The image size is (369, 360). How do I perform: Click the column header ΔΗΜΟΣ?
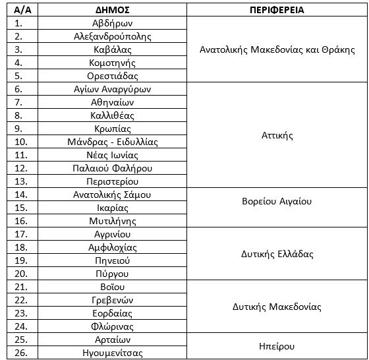[x=112, y=10]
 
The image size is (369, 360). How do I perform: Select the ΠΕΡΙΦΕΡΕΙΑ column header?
[x=276, y=10]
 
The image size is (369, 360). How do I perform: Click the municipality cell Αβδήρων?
[x=112, y=23]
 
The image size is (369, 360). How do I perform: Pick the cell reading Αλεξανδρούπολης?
[x=112, y=36]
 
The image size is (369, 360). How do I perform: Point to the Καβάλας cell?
[x=112, y=49]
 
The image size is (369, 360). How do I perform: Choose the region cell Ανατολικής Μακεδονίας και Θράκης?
[x=276, y=49]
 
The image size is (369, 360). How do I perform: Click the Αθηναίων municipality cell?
[x=112, y=102]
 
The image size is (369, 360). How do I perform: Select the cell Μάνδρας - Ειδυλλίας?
[x=112, y=142]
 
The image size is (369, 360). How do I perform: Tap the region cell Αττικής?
[x=276, y=135]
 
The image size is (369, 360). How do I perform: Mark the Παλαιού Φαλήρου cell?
[x=112, y=168]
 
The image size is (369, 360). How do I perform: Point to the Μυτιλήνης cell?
[x=112, y=221]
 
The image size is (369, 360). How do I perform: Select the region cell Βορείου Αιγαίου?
[x=276, y=201]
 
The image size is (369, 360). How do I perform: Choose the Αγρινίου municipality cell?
[x=112, y=234]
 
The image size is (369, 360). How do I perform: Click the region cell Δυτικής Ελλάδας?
[x=276, y=254]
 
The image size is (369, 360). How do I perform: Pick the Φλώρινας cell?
[x=112, y=326]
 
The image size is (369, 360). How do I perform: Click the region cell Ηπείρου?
[x=276, y=346]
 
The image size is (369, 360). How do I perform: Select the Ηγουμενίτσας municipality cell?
[x=112, y=353]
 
